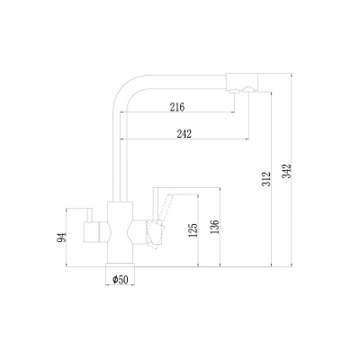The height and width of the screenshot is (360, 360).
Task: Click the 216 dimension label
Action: [177, 107]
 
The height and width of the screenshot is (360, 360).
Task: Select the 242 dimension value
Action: [184, 133]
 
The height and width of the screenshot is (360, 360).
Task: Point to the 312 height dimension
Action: [266, 179]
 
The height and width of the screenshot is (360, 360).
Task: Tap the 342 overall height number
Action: [286, 171]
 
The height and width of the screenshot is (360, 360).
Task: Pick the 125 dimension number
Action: [193, 230]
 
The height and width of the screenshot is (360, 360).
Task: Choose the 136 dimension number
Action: [215, 227]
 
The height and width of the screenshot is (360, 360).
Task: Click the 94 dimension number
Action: [61, 238]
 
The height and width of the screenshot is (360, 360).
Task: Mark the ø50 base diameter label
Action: [121, 280]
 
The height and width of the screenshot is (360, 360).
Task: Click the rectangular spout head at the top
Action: [242, 82]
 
